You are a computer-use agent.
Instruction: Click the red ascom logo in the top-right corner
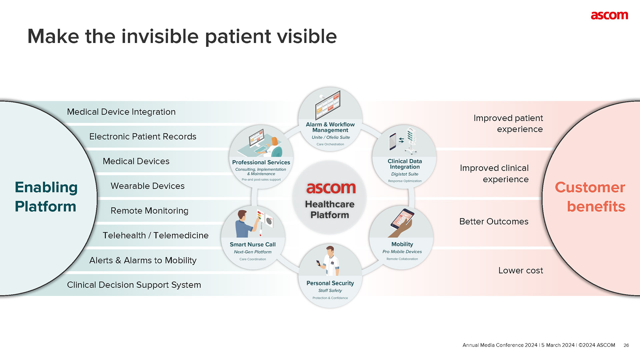609,15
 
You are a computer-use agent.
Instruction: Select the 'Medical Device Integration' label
121,112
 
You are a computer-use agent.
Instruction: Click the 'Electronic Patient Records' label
143,136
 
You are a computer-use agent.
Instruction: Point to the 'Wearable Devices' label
147,186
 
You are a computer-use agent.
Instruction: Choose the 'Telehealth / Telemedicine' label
155,235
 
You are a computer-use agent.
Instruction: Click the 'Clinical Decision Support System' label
134,285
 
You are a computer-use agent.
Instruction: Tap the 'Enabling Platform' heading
46,197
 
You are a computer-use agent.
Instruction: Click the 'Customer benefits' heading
590,197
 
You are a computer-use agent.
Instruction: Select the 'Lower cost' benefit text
520,270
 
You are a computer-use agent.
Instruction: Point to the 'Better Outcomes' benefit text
494,221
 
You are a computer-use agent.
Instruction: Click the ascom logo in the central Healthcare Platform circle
331,188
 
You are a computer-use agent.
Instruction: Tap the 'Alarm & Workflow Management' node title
330,127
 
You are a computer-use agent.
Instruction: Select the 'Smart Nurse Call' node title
252,244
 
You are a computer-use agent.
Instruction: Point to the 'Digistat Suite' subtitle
404,174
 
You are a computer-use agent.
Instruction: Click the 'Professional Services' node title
261,162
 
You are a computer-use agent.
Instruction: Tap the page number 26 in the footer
626,345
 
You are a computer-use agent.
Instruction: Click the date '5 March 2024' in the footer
558,345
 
